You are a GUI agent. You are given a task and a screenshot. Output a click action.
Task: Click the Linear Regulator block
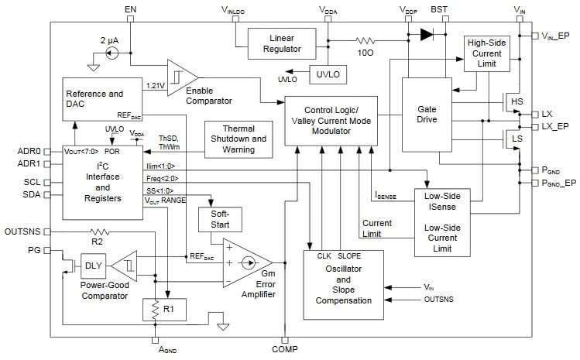(282, 44)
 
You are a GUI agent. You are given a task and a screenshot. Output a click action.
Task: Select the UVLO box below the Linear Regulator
(328, 75)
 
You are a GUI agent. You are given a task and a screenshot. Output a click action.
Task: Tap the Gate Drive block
(427, 114)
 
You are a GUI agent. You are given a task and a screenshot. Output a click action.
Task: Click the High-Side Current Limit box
(486, 57)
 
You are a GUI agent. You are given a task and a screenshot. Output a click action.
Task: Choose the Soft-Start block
(220, 219)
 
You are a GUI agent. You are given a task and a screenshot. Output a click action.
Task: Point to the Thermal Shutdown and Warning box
(238, 138)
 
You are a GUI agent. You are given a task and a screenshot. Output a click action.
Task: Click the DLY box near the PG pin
(94, 266)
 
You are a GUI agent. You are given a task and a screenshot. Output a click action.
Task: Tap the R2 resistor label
(96, 241)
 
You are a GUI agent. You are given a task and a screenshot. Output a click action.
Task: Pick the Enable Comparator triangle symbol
(182, 76)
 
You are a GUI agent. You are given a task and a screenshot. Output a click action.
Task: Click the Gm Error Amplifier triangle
(246, 263)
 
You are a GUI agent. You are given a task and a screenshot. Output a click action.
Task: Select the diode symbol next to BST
(426, 34)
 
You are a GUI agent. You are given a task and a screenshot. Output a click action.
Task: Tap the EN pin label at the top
(130, 9)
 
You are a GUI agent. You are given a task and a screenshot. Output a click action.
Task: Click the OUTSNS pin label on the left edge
(22, 231)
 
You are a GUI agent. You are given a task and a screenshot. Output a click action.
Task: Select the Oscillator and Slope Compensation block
(342, 284)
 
